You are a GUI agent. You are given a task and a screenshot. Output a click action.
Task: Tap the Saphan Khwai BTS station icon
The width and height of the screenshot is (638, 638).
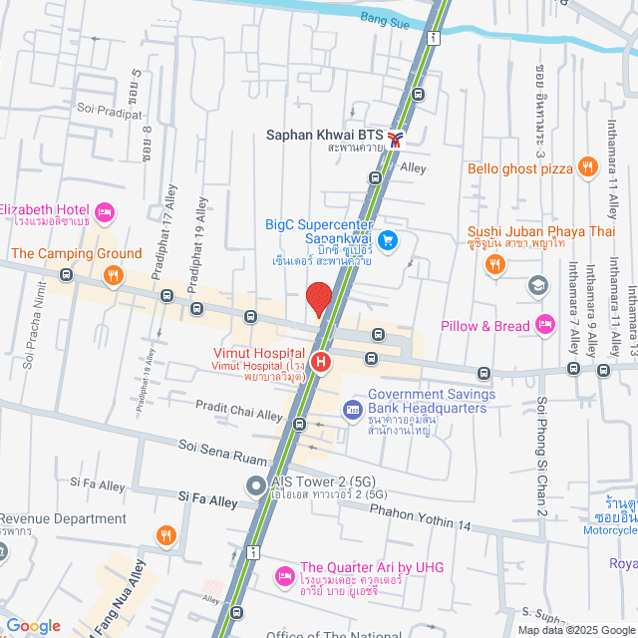click(397, 139)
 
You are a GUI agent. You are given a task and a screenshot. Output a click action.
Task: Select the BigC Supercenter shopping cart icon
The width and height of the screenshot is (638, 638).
click(389, 240)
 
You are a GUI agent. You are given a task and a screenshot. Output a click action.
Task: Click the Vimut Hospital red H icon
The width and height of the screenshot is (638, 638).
click(320, 363)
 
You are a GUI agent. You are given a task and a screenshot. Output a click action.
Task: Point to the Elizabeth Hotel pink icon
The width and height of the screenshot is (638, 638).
click(104, 211)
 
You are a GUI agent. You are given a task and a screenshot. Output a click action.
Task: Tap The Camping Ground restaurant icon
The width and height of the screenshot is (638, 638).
click(115, 274)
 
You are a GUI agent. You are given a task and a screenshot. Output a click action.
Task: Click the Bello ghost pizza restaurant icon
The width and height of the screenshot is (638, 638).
click(588, 167)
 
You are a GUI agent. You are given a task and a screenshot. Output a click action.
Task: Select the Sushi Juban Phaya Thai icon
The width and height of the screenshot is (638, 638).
click(492, 264)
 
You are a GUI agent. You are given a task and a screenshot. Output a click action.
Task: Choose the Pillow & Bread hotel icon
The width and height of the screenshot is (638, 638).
click(544, 324)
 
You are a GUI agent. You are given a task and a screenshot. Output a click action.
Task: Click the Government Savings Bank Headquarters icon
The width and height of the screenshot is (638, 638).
click(352, 409)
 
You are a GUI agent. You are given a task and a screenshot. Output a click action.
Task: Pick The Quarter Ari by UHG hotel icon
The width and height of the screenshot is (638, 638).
click(284, 577)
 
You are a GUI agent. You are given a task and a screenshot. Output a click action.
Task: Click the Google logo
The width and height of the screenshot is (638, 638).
click(32, 625)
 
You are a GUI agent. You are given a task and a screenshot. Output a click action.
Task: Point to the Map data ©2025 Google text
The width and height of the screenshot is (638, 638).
click(574, 630)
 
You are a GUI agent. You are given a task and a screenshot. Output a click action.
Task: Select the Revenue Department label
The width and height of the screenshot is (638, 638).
click(64, 518)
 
